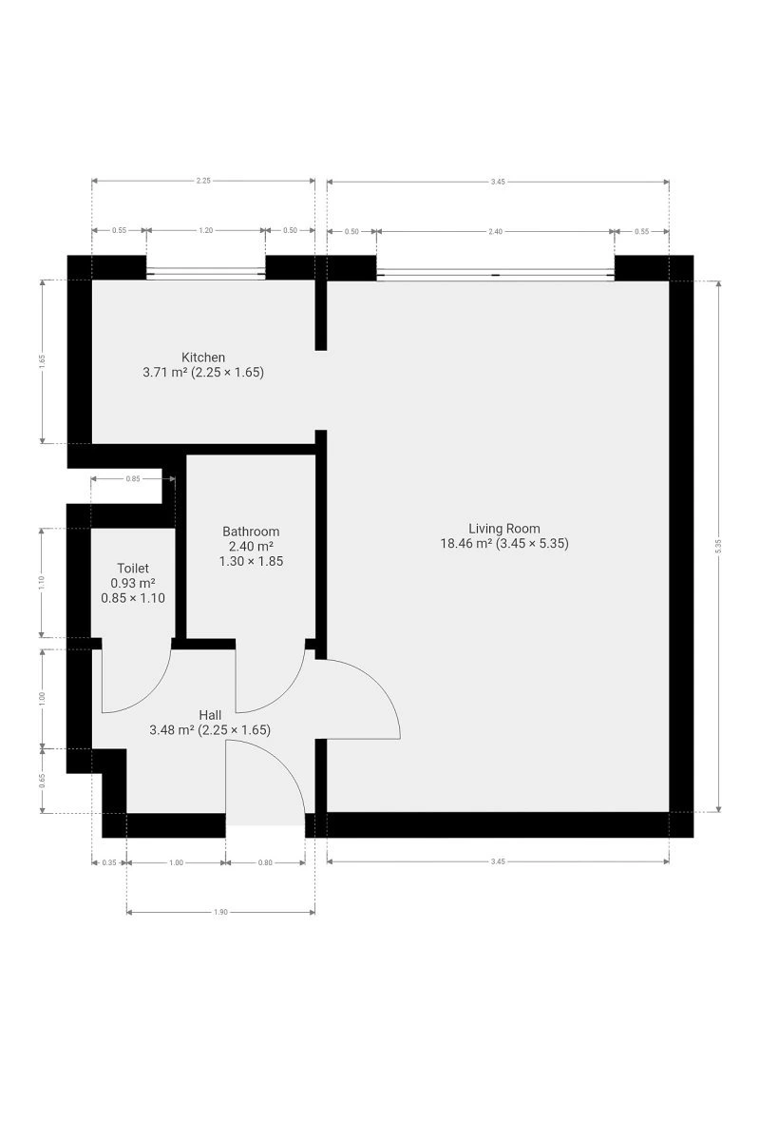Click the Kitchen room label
coord(203,358)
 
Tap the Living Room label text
coord(503,529)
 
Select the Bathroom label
coord(251,532)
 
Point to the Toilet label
coord(133,568)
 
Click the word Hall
coord(210,715)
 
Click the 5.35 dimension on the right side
coord(718,546)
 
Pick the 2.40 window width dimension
coord(495,231)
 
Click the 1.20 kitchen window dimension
coord(205,230)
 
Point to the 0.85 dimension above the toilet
coord(133,478)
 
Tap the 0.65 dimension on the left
coord(42,781)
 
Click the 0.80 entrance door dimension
coord(265,862)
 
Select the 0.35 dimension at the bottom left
coord(109,862)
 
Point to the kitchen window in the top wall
coord(205,273)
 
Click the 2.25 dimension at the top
coord(203,181)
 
